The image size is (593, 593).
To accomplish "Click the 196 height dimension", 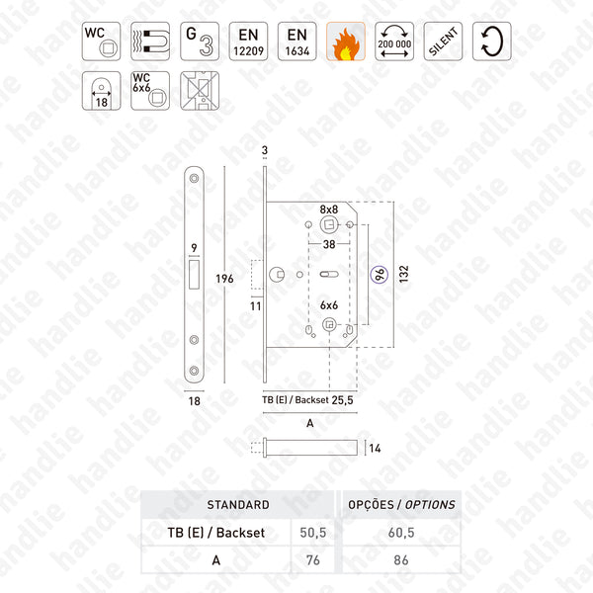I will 225,279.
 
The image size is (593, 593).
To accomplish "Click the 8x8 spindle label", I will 328,209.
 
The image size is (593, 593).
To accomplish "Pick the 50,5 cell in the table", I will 312,532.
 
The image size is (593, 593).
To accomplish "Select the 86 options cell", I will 401,559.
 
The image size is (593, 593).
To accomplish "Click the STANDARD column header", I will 236,504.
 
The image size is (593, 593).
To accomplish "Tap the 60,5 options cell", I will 401,532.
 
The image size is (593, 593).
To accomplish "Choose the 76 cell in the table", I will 312,559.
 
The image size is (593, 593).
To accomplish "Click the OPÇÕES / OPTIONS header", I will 401,504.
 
